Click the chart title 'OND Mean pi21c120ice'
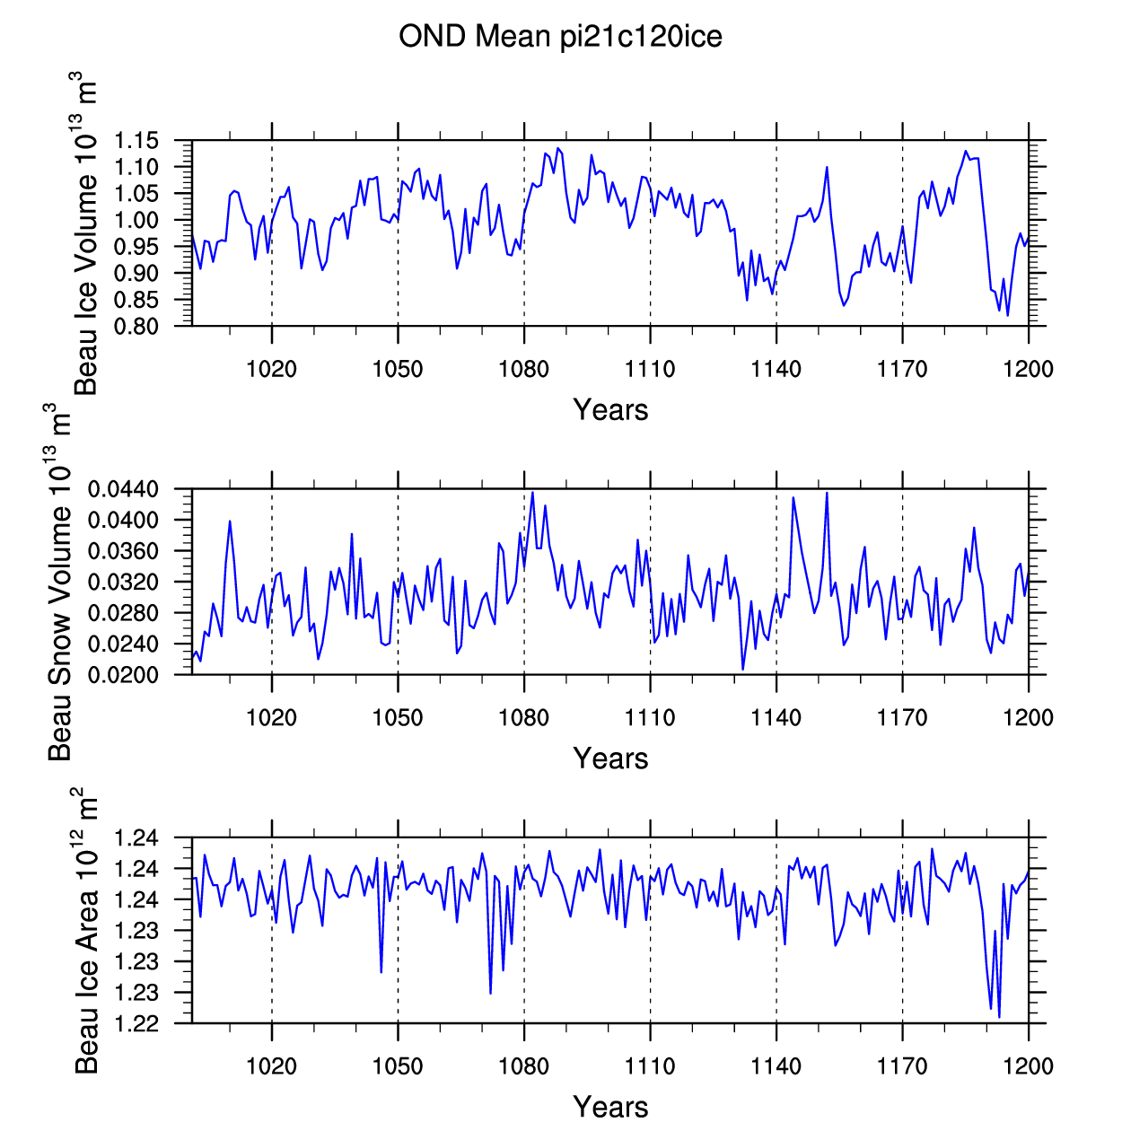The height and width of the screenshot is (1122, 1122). pyautogui.click(x=560, y=37)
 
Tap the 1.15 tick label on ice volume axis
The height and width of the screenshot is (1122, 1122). pyautogui.click(x=136, y=140)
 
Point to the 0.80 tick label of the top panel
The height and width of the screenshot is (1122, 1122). pyautogui.click(x=136, y=327)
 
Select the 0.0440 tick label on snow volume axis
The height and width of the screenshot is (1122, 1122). pyautogui.click(x=123, y=489)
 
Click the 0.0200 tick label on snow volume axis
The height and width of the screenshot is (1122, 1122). pyautogui.click(x=123, y=675)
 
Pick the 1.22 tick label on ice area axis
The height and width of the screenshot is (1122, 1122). pyautogui.click(x=136, y=1023)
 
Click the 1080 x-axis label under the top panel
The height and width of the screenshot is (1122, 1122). pyautogui.click(x=524, y=369)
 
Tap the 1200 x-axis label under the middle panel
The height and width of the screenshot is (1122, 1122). pyautogui.click(x=1029, y=717)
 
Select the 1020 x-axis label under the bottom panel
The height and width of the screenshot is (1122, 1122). pyautogui.click(x=271, y=1066)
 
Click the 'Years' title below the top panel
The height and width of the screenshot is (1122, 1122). pyautogui.click(x=610, y=410)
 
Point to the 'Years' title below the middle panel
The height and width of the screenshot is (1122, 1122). pyautogui.click(x=610, y=758)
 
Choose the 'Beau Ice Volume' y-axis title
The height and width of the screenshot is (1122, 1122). pyautogui.click(x=85, y=285)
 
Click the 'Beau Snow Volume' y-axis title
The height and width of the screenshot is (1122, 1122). pyautogui.click(x=59, y=633)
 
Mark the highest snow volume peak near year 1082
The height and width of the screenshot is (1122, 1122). pyautogui.click(x=532, y=493)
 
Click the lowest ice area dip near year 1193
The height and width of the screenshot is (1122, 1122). pyautogui.click(x=999, y=1017)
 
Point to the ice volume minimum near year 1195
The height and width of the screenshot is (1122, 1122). pyautogui.click(x=1007, y=315)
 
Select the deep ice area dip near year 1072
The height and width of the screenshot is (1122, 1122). pyautogui.click(x=491, y=994)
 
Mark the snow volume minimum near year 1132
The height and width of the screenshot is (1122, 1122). pyautogui.click(x=743, y=670)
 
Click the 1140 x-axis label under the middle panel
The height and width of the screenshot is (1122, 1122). pyautogui.click(x=776, y=717)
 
